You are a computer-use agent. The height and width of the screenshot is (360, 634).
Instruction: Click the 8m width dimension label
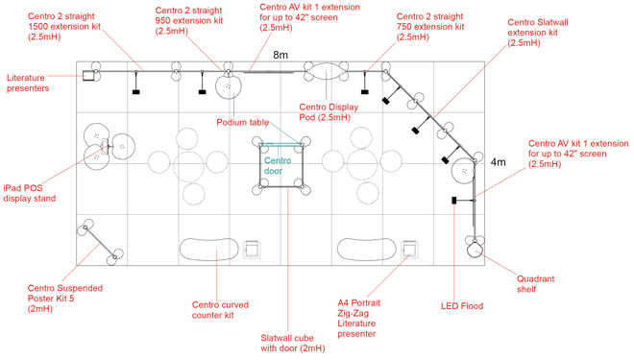tap(281, 56)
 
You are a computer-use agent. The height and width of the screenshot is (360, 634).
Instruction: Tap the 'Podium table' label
tap(242, 123)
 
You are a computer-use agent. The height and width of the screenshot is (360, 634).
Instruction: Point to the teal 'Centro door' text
tap(278, 167)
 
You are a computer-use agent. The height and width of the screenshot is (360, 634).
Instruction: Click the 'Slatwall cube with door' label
tap(293, 343)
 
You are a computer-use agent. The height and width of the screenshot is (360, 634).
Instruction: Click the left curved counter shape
tap(207, 249)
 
